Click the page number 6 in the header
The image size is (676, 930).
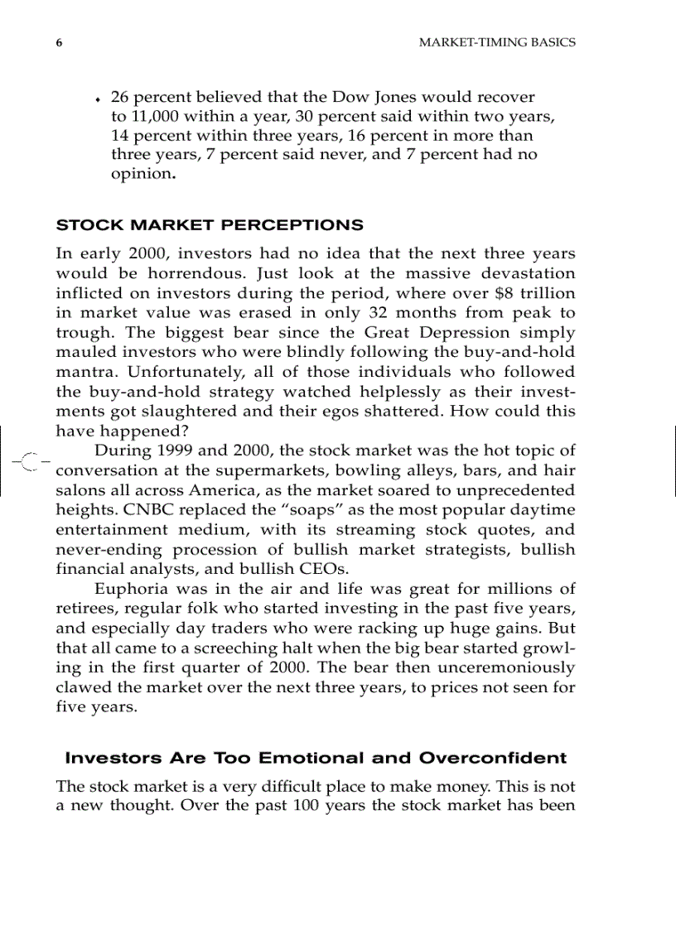point(59,42)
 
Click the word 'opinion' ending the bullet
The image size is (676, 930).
point(141,175)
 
